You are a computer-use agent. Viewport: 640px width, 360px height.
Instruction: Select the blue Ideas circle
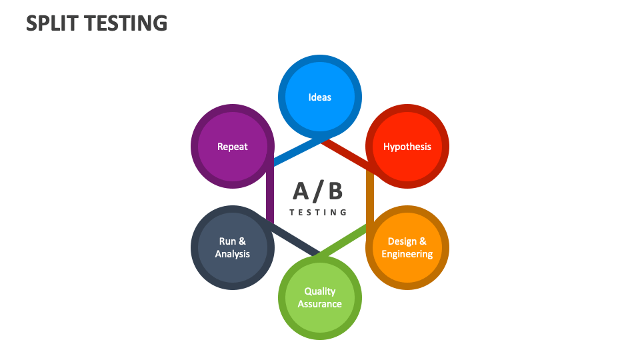(x=319, y=97)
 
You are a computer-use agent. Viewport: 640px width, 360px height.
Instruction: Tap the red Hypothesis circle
(x=407, y=147)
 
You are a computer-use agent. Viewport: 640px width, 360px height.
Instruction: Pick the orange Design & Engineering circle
(x=407, y=247)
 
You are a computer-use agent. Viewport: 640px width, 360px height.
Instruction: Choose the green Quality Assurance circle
(x=319, y=297)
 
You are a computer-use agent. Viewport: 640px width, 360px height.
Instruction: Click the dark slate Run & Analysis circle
(x=232, y=247)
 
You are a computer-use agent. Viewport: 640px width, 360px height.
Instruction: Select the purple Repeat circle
(x=232, y=147)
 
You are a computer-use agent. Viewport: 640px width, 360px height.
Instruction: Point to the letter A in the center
(x=301, y=191)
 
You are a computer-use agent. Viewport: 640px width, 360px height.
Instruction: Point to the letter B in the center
(x=335, y=191)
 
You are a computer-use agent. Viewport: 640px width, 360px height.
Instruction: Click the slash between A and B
(x=318, y=191)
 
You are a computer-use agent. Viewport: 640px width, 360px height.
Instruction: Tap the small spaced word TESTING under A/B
(x=319, y=213)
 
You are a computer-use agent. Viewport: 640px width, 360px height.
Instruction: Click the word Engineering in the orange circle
(x=407, y=254)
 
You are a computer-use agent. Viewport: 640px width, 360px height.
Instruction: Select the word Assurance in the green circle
(x=319, y=304)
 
